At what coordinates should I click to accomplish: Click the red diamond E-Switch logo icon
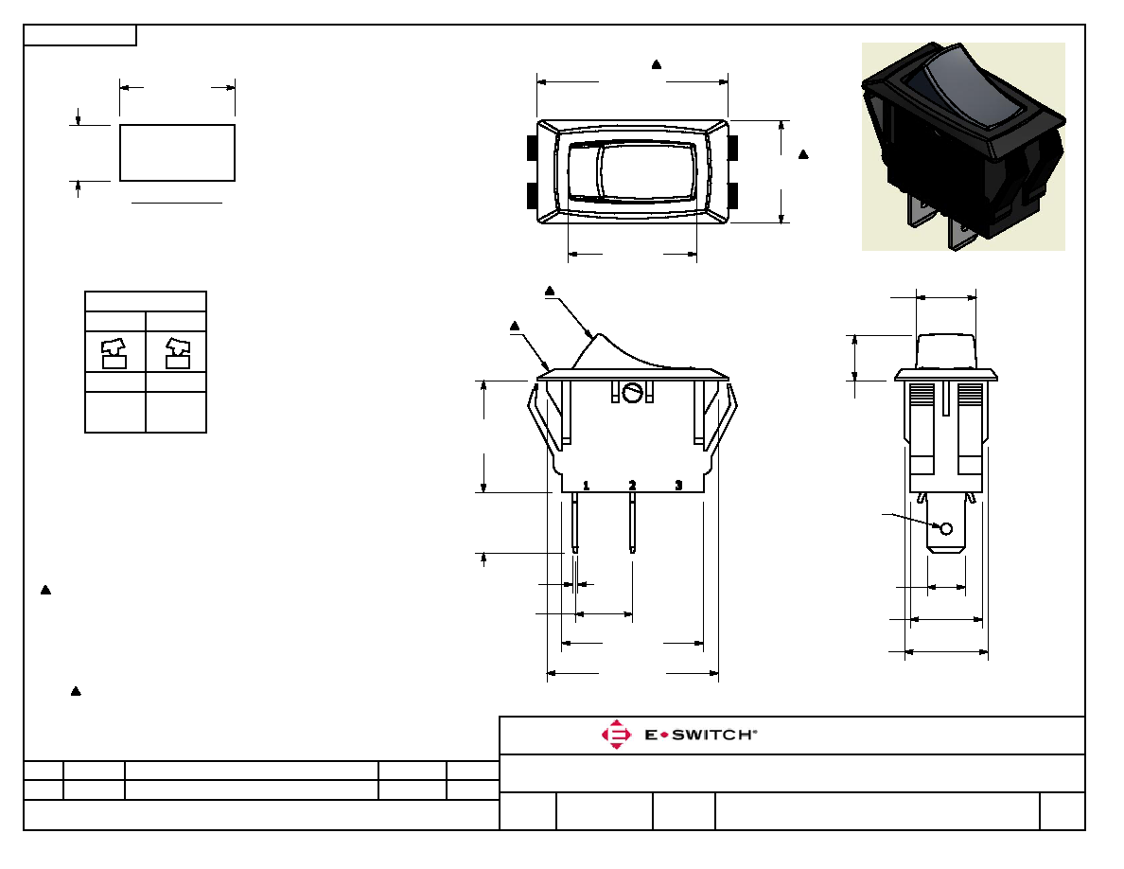tap(616, 735)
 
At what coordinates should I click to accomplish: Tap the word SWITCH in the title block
tap(711, 735)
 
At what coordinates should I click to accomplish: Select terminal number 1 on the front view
tap(586, 486)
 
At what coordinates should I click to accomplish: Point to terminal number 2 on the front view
tap(632, 486)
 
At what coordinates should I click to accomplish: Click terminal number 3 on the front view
tap(678, 486)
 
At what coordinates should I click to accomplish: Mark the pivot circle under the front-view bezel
tap(631, 393)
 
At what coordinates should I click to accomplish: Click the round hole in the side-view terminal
tap(945, 529)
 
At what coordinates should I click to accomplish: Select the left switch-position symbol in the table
tap(114, 353)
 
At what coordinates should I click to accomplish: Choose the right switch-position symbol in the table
tap(178, 353)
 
